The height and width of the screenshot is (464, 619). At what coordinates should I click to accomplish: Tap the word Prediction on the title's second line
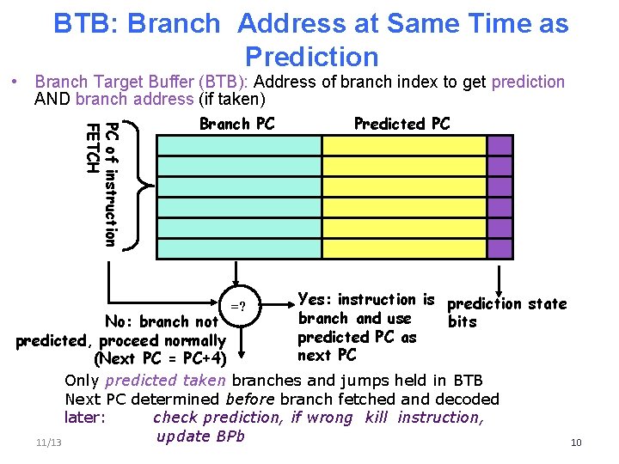(x=311, y=57)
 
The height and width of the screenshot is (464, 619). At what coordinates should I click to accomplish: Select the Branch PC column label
(x=237, y=124)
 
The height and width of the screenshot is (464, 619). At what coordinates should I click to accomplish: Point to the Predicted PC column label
(x=401, y=124)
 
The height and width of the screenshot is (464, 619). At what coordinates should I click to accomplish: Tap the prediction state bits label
(x=506, y=312)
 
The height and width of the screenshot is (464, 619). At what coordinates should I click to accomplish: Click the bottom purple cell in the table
(x=499, y=249)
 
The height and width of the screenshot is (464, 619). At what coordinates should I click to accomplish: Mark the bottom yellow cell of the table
(x=404, y=249)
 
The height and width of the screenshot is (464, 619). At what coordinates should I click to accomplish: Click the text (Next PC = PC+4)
(x=160, y=358)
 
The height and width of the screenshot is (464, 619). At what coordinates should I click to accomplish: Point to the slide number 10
(x=576, y=443)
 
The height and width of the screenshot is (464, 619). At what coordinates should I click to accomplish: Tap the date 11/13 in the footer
(x=49, y=442)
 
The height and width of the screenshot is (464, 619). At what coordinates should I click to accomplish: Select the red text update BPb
(x=201, y=436)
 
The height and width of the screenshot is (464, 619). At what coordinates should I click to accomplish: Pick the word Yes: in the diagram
(x=315, y=300)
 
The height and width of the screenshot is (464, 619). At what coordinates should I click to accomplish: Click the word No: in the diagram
(x=121, y=322)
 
